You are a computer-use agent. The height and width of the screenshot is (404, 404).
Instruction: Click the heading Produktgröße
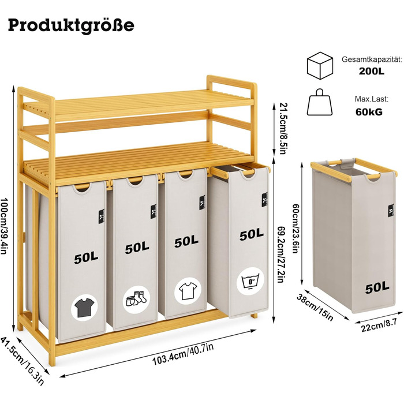(72, 25)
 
